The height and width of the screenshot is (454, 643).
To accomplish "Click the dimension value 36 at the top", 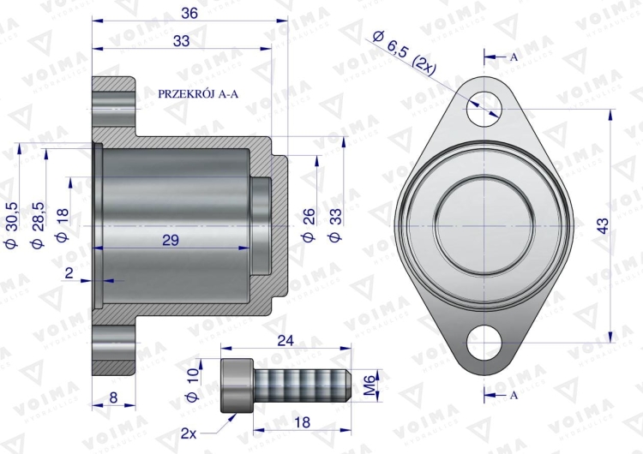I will pos(190,13).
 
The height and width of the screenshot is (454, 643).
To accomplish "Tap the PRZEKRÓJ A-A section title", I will pos(199,94).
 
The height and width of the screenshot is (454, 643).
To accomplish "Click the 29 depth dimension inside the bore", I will pos(171,241).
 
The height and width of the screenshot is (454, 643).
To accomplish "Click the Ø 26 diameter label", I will pos(309,225).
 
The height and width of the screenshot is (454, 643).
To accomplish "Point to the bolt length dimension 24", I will pos(285,338).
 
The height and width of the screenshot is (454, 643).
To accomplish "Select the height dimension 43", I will pos(602,226).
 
